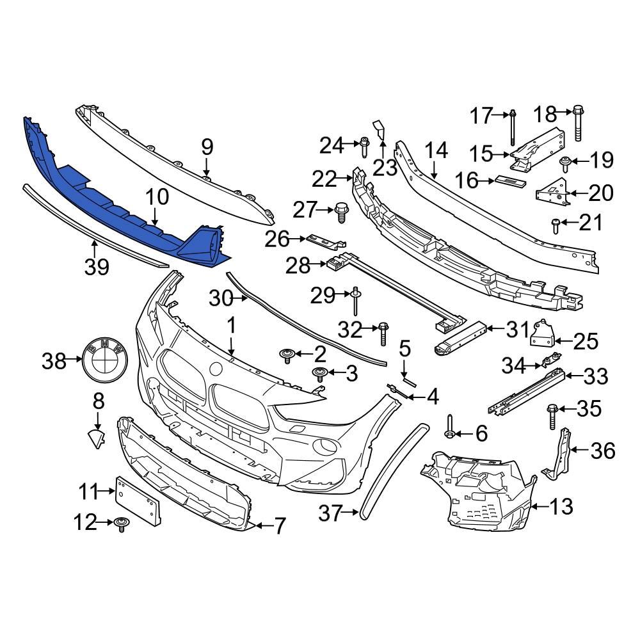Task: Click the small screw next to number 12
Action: click(122, 525)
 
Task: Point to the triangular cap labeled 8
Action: click(97, 439)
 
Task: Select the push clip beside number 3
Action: click(319, 374)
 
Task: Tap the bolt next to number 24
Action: click(364, 147)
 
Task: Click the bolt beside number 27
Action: click(342, 211)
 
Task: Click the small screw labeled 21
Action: click(556, 223)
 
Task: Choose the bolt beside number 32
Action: click(383, 333)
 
